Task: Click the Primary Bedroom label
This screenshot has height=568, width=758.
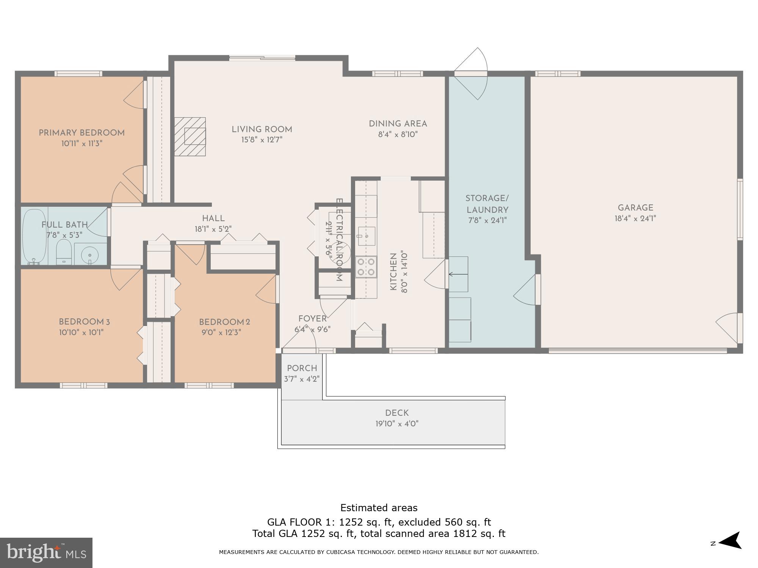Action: click(81, 133)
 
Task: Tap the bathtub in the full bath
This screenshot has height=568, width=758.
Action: click(34, 236)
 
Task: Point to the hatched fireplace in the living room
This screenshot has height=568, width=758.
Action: click(190, 136)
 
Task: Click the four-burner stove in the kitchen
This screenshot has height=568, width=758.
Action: click(366, 267)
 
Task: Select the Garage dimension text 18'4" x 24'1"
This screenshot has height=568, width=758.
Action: click(635, 218)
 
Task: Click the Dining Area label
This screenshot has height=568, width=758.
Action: click(398, 123)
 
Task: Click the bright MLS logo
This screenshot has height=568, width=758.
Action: click(46, 553)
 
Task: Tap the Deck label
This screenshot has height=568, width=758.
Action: click(397, 413)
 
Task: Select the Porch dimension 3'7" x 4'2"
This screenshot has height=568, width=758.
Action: click(302, 379)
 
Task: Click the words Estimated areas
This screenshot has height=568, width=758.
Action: click(379, 508)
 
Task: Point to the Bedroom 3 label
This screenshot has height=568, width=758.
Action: click(84, 322)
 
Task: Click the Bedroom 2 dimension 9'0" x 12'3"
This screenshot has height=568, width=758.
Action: click(221, 332)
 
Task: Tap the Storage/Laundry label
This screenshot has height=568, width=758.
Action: click(487, 204)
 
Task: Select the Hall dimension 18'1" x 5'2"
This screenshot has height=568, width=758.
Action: click(213, 229)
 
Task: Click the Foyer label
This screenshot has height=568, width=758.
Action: click(312, 318)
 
